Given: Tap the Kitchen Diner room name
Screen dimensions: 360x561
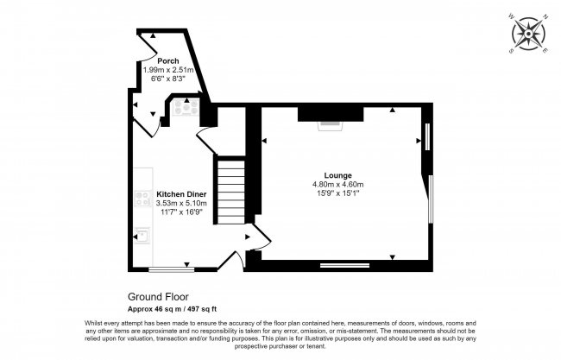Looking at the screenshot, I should pyautogui.click(x=180, y=193).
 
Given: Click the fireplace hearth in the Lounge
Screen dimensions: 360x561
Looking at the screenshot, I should pyautogui.click(x=330, y=125).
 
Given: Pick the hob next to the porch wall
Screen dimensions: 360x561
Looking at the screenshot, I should pyautogui.click(x=186, y=110).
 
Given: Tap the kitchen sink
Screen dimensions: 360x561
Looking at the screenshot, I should pyautogui.click(x=142, y=234).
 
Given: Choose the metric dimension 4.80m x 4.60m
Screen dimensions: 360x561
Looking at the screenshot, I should pyautogui.click(x=337, y=184).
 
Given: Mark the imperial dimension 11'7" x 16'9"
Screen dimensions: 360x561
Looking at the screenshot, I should pyautogui.click(x=180, y=212).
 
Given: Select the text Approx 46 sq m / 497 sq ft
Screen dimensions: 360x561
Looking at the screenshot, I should pyautogui.click(x=173, y=308).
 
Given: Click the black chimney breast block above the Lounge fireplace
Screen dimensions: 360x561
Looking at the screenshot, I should pyautogui.click(x=330, y=112).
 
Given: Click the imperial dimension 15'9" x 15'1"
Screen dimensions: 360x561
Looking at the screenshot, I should pyautogui.click(x=337, y=193).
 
